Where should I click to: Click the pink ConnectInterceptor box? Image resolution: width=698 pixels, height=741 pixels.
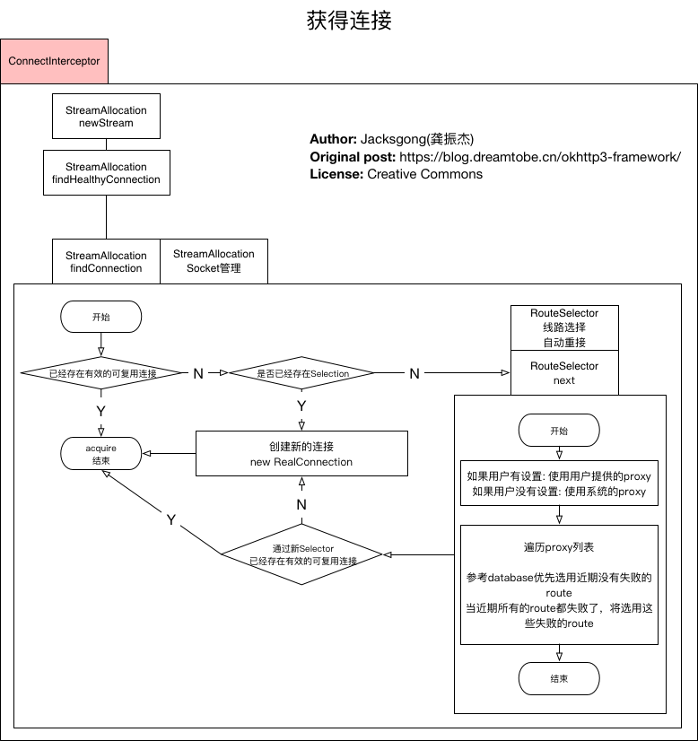click(x=54, y=61)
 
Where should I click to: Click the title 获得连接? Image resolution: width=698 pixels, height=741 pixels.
click(x=349, y=20)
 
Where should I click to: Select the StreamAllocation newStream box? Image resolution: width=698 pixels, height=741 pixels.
click(x=106, y=117)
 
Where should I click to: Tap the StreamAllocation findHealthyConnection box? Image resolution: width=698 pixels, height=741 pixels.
click(x=106, y=173)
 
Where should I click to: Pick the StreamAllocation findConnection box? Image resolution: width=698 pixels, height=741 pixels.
click(x=106, y=261)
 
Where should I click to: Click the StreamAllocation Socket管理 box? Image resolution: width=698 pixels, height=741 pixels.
click(x=214, y=261)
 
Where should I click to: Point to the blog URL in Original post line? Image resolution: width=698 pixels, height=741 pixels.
click(x=540, y=156)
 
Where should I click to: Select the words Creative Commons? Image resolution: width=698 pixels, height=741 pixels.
click(x=424, y=174)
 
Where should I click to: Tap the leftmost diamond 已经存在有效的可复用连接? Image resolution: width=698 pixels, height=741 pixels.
click(x=100, y=372)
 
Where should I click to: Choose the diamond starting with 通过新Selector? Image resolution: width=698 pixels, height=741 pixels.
click(x=302, y=554)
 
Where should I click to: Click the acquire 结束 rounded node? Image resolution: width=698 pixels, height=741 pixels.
click(x=100, y=453)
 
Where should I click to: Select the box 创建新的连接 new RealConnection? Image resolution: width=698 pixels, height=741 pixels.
click(x=301, y=454)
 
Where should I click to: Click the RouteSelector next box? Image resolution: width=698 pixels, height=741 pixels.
click(x=564, y=373)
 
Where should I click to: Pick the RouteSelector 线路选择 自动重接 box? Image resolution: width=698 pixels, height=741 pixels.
click(x=564, y=327)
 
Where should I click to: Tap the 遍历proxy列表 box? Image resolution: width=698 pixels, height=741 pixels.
click(x=559, y=584)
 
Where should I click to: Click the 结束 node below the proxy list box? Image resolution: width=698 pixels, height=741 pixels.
click(x=559, y=679)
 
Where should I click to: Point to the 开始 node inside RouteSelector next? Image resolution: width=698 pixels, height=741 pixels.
click(x=559, y=431)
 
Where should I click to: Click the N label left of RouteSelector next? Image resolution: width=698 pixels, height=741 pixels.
click(x=414, y=373)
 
